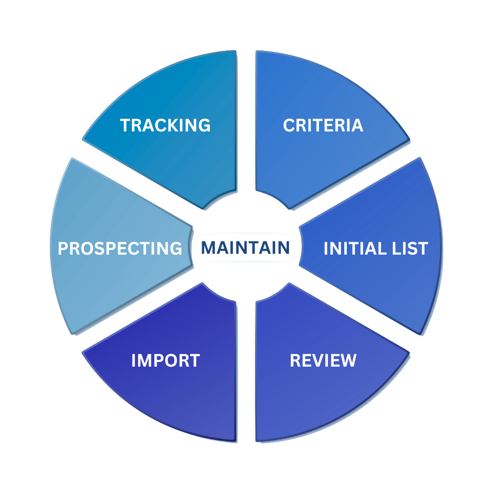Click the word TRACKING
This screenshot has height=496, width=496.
(x=165, y=125)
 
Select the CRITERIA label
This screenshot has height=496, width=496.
(x=323, y=125)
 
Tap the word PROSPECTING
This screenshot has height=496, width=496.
(x=120, y=248)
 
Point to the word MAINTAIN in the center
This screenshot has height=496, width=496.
(x=245, y=248)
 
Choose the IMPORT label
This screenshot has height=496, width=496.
(x=165, y=360)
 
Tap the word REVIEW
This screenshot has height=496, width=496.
(x=323, y=360)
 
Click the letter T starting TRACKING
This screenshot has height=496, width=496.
(x=125, y=125)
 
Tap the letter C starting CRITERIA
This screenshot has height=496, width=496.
(x=289, y=125)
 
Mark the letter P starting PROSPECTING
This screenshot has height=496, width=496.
(x=63, y=248)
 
